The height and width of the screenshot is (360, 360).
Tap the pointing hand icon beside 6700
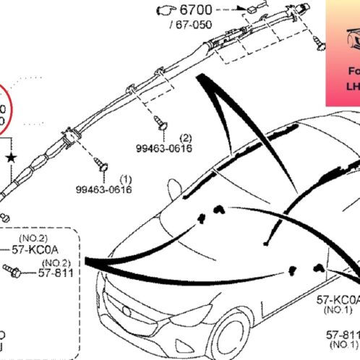click(166, 11)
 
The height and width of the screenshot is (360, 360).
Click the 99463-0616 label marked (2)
click(164, 147)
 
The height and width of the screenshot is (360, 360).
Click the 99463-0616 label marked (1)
click(104, 189)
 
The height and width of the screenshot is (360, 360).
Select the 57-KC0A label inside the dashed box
click(46, 249)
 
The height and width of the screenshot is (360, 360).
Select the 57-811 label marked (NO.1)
click(342, 335)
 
